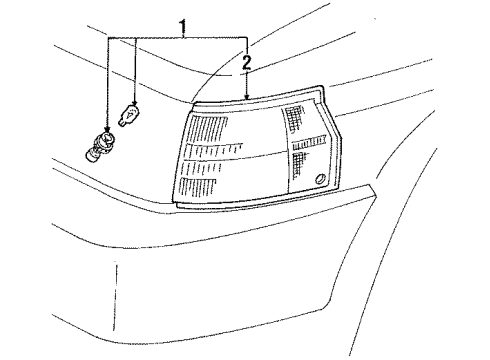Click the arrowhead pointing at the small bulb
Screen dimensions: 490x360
pos(134,105)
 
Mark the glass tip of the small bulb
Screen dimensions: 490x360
pos(133,111)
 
